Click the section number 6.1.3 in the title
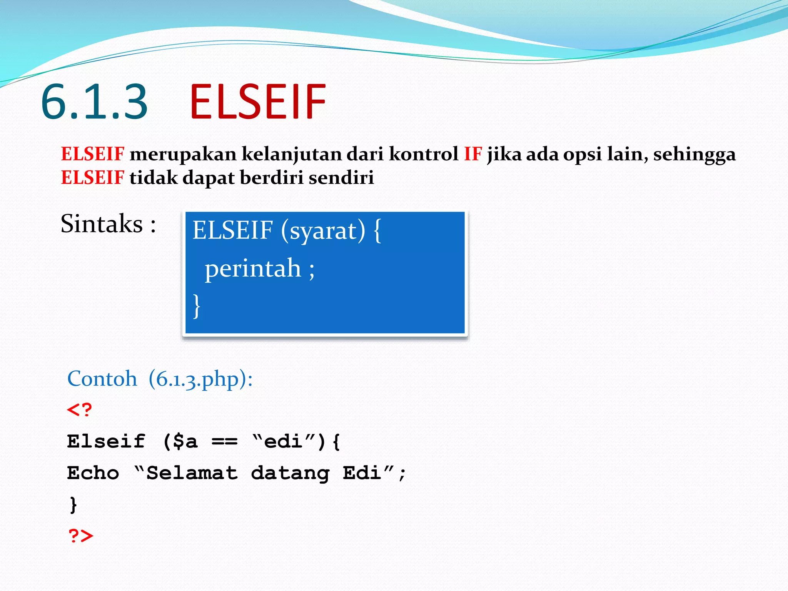point(94,102)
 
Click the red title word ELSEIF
point(257,102)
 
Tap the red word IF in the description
point(472,154)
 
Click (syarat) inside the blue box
point(323,230)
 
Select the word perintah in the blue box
point(252,268)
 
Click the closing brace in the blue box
point(196,306)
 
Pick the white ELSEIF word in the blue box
point(232,230)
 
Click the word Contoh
point(102,379)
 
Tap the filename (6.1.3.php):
point(200,379)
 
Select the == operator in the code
point(224,442)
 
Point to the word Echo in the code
point(93,473)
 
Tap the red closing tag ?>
point(81,536)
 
